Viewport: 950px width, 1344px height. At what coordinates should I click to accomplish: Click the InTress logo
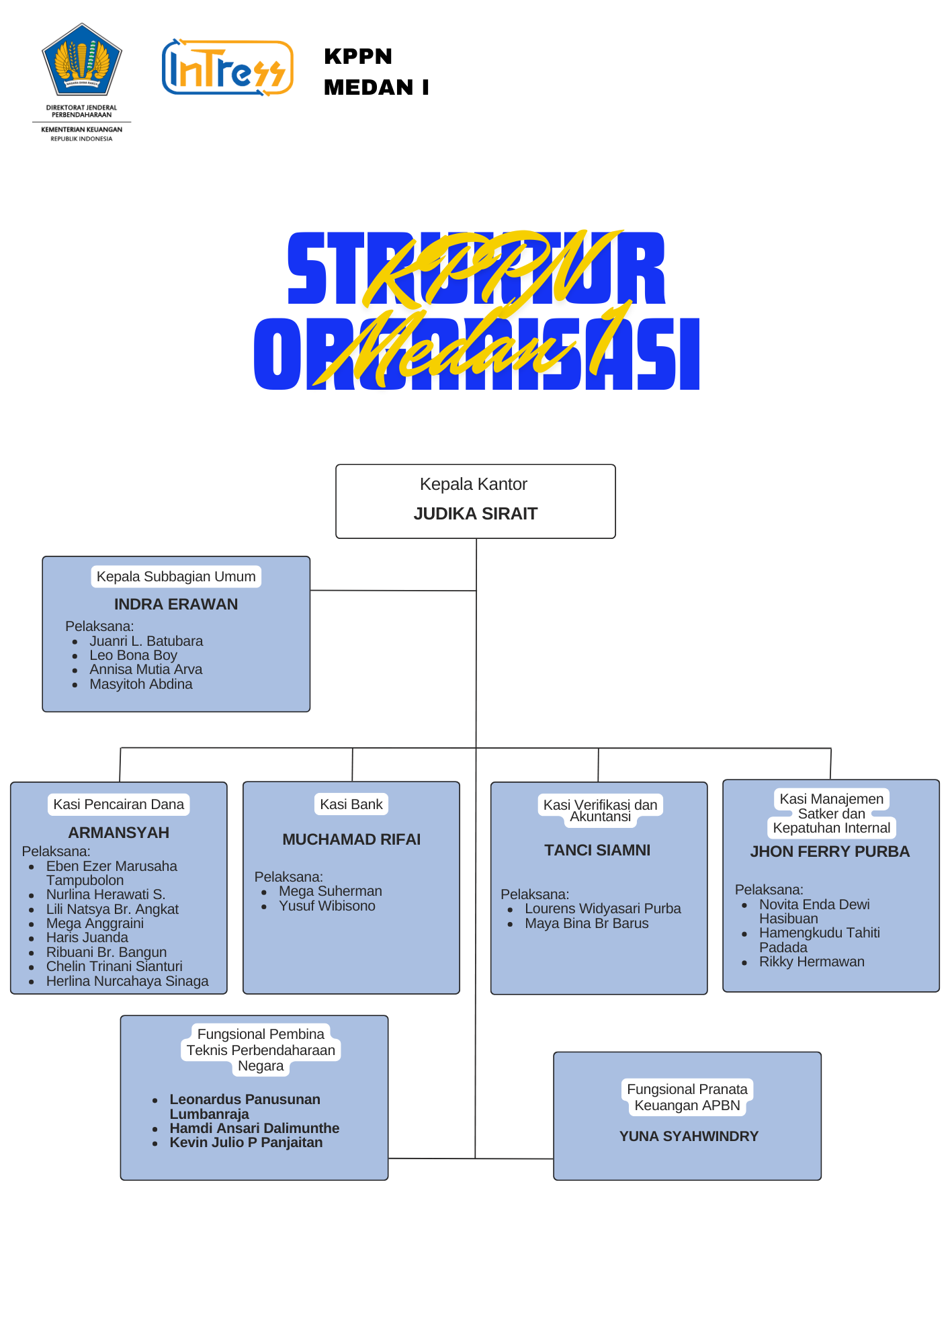(227, 68)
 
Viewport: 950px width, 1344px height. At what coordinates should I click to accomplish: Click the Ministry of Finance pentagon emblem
(82, 60)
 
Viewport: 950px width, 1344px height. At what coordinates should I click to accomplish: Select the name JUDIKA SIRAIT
(476, 514)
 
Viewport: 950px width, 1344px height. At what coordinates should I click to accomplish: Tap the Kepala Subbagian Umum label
(176, 577)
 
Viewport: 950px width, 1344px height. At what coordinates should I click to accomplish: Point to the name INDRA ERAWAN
(176, 604)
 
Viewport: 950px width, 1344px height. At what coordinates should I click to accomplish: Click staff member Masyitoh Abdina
(141, 684)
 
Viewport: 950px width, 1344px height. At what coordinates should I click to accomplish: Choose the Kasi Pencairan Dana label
(119, 804)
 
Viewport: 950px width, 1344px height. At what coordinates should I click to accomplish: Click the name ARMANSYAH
(119, 833)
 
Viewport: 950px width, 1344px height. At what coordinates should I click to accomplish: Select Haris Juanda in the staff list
(87, 937)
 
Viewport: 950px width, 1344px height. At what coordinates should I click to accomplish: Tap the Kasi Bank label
(351, 804)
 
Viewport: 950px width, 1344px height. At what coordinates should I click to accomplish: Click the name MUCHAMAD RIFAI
(351, 839)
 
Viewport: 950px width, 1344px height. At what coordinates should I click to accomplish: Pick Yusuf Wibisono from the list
(327, 906)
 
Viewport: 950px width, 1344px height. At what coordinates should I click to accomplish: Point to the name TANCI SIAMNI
(597, 850)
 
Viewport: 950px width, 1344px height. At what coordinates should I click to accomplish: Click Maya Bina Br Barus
(587, 923)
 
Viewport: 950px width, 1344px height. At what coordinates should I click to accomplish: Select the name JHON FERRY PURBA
(830, 851)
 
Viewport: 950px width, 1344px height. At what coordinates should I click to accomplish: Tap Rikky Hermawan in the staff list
(812, 962)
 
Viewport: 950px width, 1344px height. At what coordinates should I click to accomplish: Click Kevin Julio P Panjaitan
(246, 1142)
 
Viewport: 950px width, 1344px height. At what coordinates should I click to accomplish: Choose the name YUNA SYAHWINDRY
(689, 1136)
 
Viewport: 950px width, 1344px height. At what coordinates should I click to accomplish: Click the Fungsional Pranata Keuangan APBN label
(687, 1097)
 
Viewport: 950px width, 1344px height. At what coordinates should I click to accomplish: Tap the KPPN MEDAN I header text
(376, 72)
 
